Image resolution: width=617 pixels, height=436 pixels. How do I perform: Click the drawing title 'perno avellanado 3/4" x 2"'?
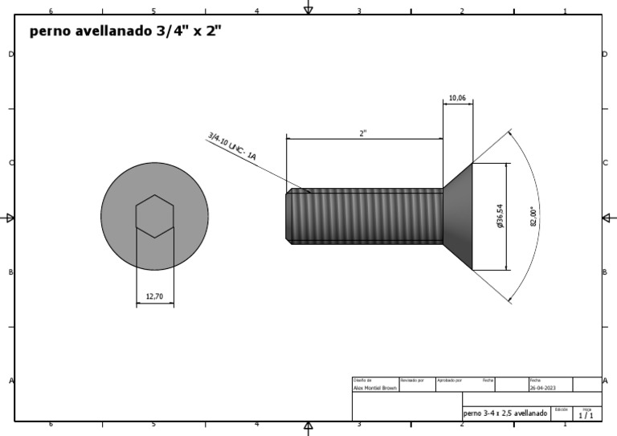[x=125, y=32]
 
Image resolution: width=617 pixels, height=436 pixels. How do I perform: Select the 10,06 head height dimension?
[x=457, y=98]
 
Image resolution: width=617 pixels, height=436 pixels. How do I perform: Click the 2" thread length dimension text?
[x=363, y=133]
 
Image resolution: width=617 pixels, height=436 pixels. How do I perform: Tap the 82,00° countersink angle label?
[x=533, y=217]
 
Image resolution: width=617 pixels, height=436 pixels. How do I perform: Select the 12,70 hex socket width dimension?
[x=154, y=296]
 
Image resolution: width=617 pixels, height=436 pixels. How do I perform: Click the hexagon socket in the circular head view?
[x=154, y=216]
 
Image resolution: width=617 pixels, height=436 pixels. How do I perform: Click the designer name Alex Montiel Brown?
[x=374, y=387]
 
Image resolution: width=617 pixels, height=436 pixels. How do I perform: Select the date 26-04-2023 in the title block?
[x=543, y=387]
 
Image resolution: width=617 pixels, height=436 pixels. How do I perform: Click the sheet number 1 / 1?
[x=586, y=415]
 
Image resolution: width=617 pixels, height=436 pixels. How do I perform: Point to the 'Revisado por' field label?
[x=412, y=380]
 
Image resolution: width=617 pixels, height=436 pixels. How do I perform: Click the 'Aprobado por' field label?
[x=448, y=380]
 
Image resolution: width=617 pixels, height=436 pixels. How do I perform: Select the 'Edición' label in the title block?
[x=561, y=409]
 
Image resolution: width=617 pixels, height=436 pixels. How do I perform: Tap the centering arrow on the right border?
[x=608, y=218]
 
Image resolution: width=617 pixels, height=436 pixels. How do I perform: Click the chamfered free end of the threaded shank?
[x=289, y=216]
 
